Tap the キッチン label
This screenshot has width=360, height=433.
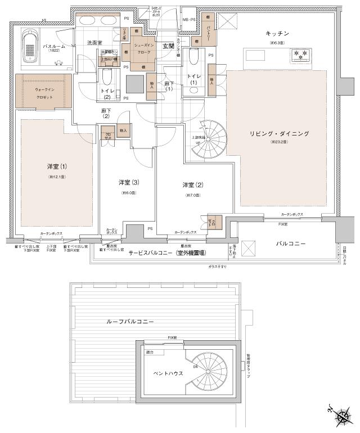point(277,34)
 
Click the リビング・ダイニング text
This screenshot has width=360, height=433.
point(280,133)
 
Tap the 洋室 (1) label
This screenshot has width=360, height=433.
point(57,166)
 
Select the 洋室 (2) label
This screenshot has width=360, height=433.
point(192,185)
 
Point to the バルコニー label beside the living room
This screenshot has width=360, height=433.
point(290,244)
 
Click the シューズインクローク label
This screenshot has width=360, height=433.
point(143,48)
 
